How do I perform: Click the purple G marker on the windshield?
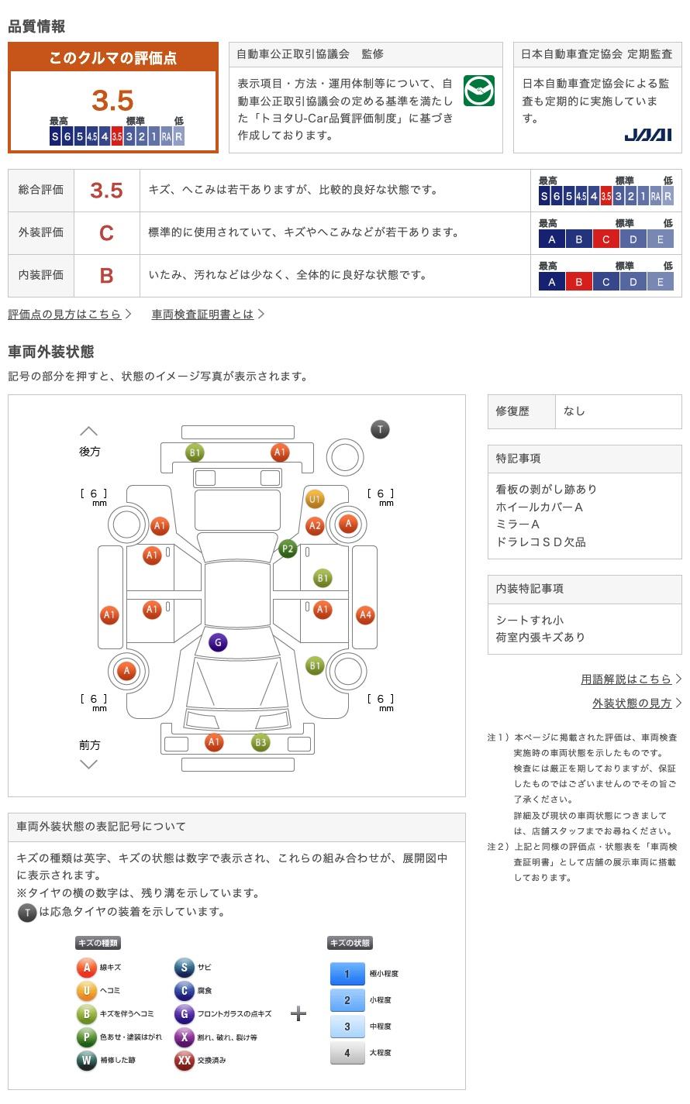tap(218, 642)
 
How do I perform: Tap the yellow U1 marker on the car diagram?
tap(315, 499)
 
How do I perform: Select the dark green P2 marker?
tap(288, 549)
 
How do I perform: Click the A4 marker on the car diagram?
tap(365, 614)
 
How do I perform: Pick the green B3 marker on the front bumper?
tap(260, 742)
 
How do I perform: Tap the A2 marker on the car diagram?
tap(315, 526)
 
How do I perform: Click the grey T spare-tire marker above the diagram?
tap(380, 429)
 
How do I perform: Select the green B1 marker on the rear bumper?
tap(195, 452)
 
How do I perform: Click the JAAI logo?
tap(647, 135)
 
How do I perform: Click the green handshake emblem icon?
tap(478, 91)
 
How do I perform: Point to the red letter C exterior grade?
tap(106, 233)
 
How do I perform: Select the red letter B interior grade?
tap(106, 276)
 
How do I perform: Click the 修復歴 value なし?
tap(574, 411)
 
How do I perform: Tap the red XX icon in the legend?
tap(184, 1060)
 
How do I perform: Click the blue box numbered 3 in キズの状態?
tap(347, 1026)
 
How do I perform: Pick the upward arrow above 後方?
tap(89, 432)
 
